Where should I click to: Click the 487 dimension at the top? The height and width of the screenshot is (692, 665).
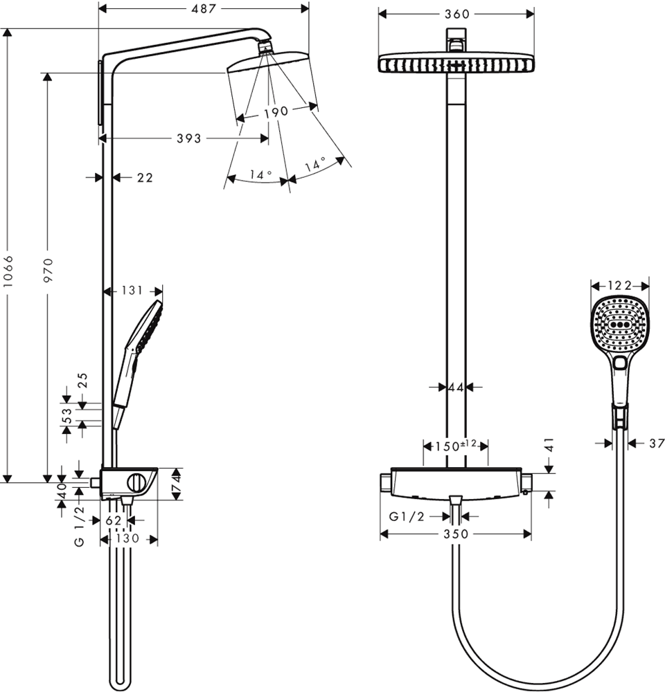pos(204,8)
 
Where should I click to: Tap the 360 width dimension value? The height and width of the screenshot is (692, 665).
pos(456,14)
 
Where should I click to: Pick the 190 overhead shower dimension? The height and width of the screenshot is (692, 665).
pos(275,112)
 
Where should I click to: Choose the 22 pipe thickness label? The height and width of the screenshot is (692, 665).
pos(144,178)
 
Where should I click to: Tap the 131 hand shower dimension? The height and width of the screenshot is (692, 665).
pos(132,291)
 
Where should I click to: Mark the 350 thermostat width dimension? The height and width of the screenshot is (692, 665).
pos(456,534)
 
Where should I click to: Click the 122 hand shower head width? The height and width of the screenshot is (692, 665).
pos(620,284)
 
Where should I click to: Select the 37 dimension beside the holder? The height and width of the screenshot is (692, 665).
pos(657,443)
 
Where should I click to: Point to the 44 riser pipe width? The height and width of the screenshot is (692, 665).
pos(455,388)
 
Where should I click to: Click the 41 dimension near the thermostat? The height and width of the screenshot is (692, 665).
pos(549,445)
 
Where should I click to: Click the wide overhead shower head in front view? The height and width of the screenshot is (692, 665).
pos(456,64)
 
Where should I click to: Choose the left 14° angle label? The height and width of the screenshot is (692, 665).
pos(260,175)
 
